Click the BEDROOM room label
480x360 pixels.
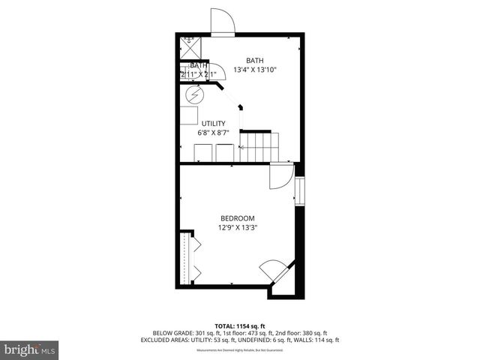(x=238, y=218)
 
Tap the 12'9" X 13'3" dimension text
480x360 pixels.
(x=238, y=227)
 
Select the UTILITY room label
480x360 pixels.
(x=212, y=124)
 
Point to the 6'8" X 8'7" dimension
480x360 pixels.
(x=212, y=133)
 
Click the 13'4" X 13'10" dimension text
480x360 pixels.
(x=255, y=70)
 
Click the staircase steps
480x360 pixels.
(x=259, y=141)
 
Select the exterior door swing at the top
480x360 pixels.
(x=222, y=22)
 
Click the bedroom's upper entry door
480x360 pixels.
(x=280, y=177)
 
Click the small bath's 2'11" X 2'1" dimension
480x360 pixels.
(x=199, y=74)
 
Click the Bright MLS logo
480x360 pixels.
(x=30, y=349)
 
